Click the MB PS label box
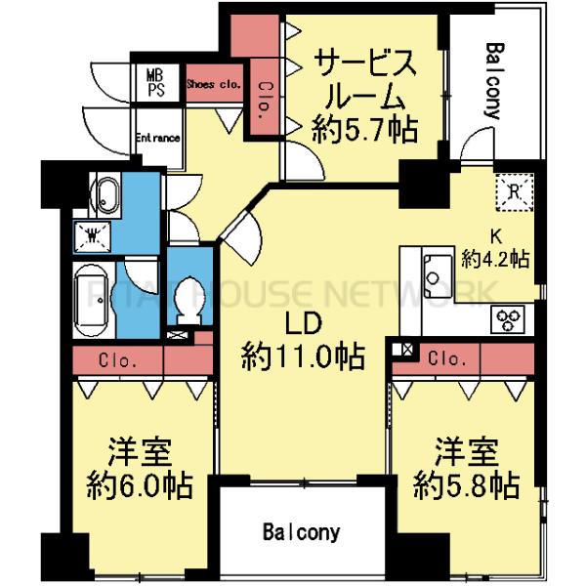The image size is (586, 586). click(x=155, y=82)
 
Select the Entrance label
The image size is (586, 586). click(x=156, y=138)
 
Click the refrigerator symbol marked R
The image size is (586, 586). click(x=515, y=190)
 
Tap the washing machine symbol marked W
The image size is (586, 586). click(x=94, y=234)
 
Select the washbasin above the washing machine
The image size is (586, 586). click(x=103, y=192)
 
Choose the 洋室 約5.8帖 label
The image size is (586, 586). click(x=465, y=468)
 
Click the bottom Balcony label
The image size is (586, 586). click(x=302, y=532)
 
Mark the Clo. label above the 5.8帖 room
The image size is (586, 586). click(x=444, y=357)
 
